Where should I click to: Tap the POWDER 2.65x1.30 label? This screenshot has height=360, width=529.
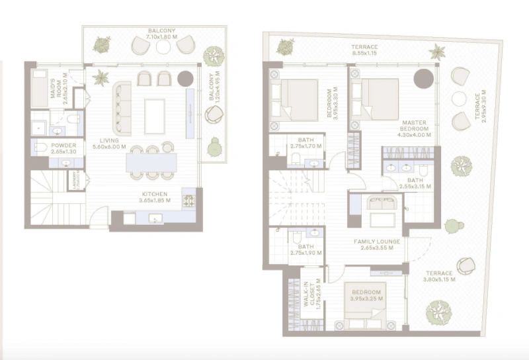pos(63,148)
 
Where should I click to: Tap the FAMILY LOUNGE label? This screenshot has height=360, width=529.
pos(377,245)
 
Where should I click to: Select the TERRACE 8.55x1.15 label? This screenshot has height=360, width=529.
pos(364,50)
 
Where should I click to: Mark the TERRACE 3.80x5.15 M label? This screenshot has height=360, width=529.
pos(438,277)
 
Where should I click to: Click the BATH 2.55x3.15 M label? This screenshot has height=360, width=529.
pos(415,183)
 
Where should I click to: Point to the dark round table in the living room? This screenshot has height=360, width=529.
pos(185,79)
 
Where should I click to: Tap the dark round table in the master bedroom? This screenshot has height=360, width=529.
pos(423,79)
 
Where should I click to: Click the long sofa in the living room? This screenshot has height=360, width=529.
pos(122,108)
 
